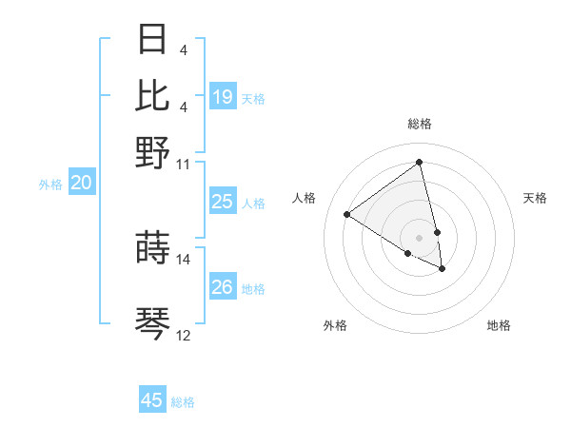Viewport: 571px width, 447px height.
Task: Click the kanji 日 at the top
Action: coord(153,39)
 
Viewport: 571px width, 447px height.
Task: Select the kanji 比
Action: coord(153,95)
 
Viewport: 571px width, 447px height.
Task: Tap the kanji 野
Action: coord(153,151)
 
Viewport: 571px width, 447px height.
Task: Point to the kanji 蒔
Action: coord(153,248)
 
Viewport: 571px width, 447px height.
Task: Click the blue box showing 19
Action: coord(223,97)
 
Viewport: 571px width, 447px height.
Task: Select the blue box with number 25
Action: coord(223,202)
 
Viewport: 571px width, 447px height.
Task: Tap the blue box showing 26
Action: coord(223,287)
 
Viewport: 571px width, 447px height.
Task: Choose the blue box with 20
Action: coord(81,184)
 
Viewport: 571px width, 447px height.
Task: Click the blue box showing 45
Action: coord(152,400)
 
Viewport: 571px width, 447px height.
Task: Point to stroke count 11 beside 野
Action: coord(184,164)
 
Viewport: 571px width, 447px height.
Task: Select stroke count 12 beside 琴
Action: coord(184,336)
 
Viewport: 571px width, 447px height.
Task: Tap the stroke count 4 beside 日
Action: coord(183,50)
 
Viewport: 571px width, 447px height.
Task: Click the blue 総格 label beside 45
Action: coord(183,402)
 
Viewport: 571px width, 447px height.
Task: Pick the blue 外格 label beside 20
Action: coord(50,185)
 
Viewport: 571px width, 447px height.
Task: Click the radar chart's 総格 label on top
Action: coord(420,125)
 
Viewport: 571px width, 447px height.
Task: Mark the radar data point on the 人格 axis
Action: coord(347,214)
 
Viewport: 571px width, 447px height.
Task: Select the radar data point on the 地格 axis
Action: coord(443,269)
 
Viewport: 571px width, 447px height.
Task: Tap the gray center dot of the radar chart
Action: coord(420,237)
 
